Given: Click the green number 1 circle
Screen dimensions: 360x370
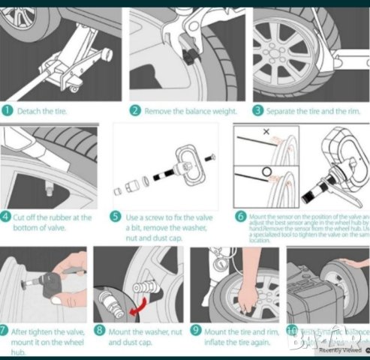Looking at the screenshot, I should pyautogui.click(x=8, y=111).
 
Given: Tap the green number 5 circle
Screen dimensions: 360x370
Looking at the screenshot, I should pyautogui.click(x=115, y=217).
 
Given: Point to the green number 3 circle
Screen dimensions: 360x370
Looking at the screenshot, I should pyautogui.click(x=257, y=111).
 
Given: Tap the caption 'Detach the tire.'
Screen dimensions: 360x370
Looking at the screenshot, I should pyautogui.click(x=44, y=112).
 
